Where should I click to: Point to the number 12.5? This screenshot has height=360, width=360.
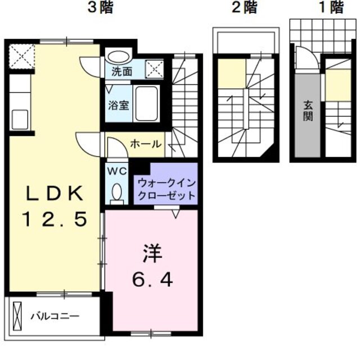pos(55,219)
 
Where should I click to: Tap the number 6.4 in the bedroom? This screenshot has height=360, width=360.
pos(152,278)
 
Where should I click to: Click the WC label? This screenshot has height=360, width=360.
pos(116,170)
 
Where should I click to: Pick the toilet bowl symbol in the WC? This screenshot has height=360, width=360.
pos(116,192)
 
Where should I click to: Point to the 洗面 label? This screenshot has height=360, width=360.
pos(120,72)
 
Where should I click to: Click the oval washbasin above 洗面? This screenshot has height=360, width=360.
pos(118,57)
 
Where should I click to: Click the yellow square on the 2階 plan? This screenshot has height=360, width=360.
pos(232,74)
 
